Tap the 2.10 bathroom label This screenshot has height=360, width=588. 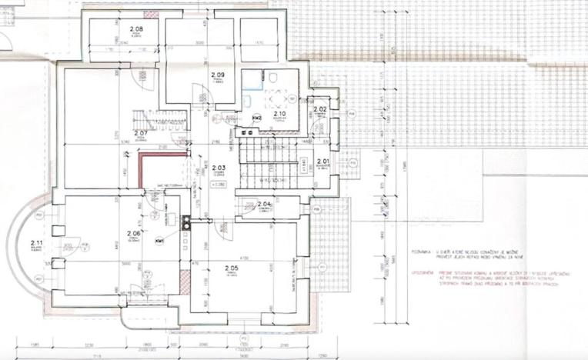[x=279, y=114]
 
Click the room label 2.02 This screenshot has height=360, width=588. [x=320, y=110]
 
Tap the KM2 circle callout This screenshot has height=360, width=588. [x=258, y=117]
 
